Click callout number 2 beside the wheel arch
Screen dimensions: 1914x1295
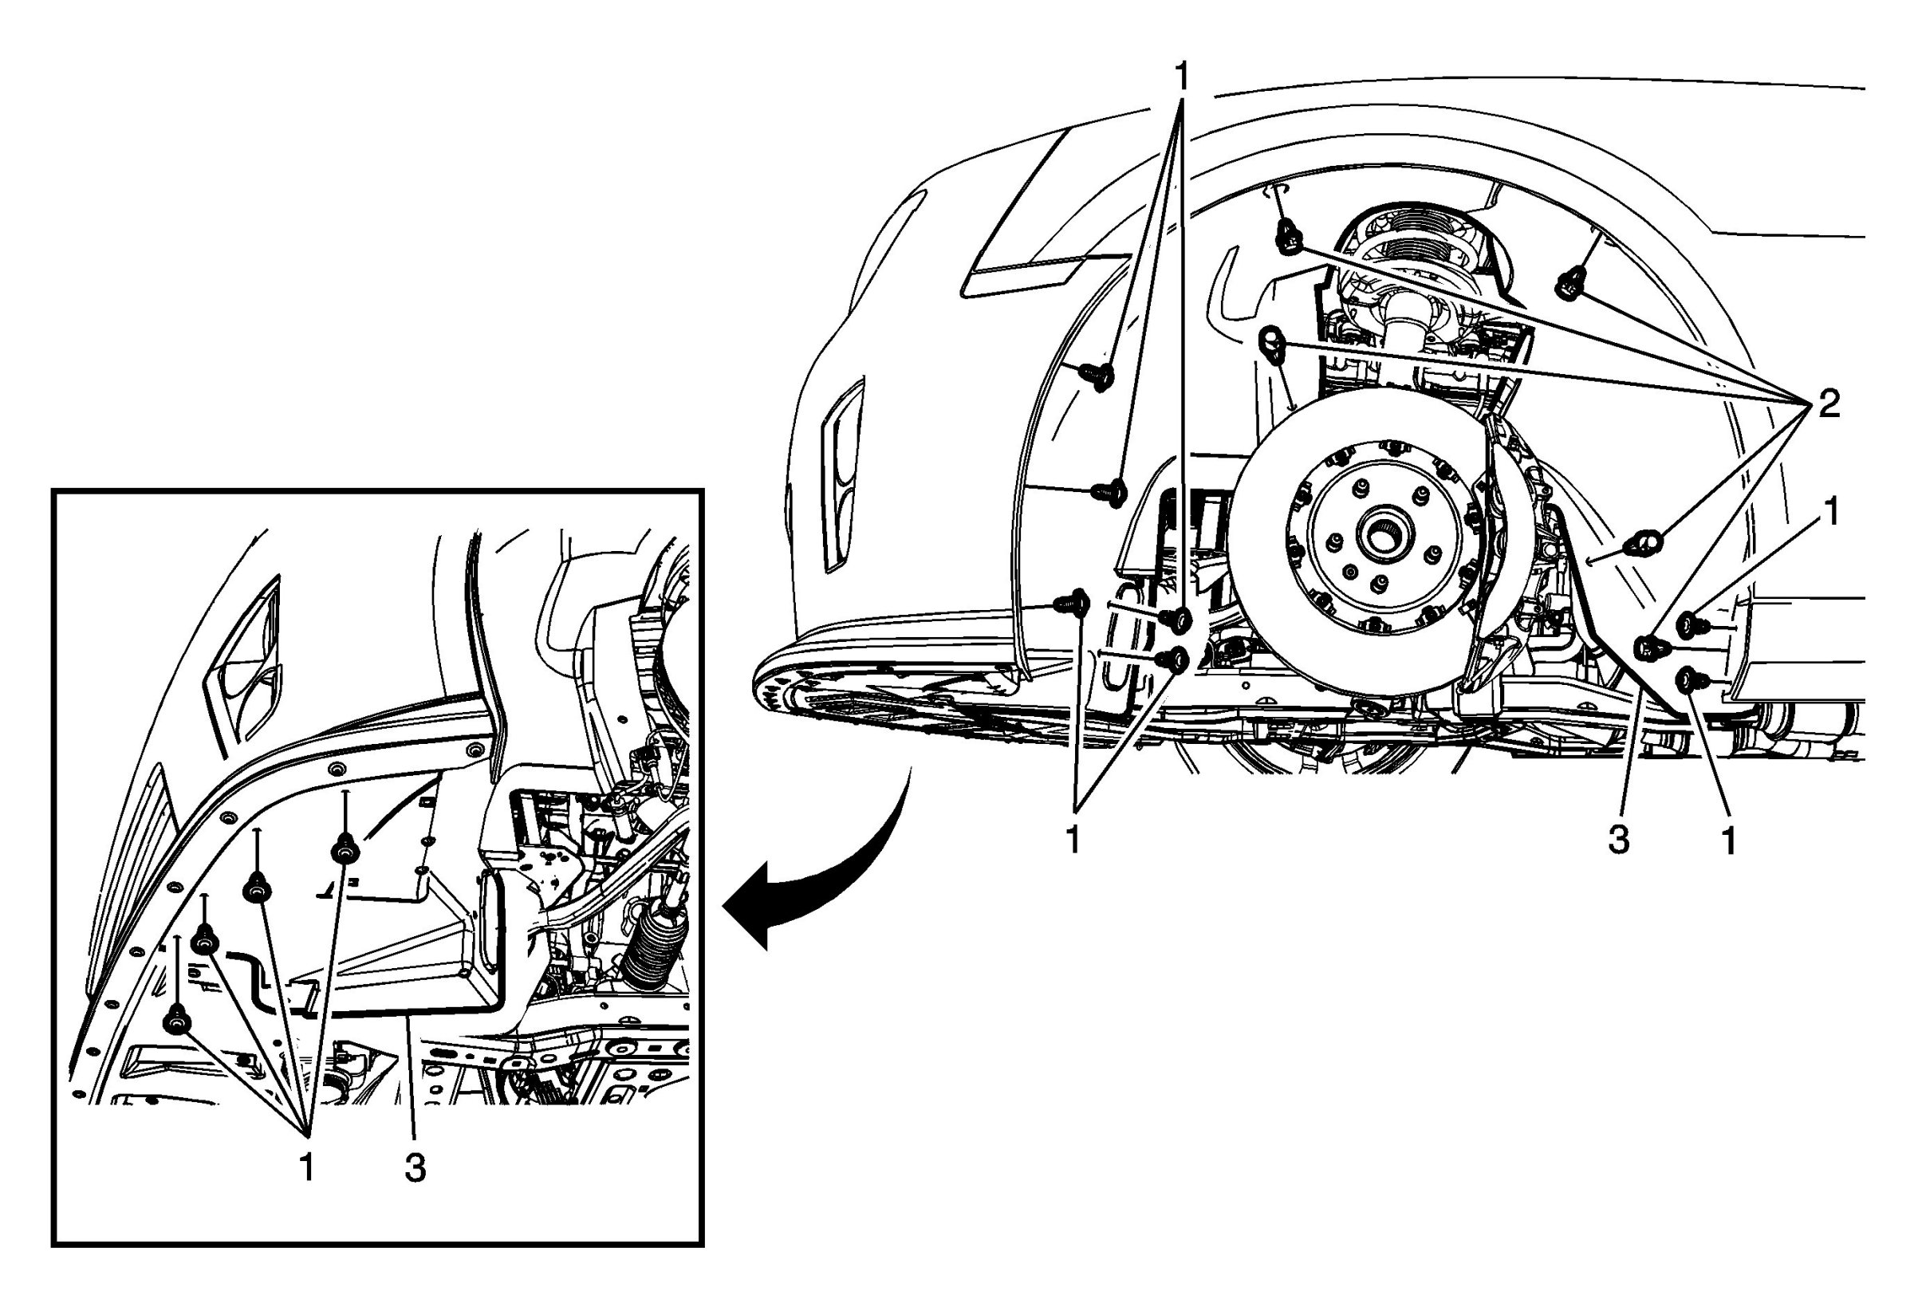point(1829,404)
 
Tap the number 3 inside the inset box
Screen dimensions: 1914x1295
point(415,1167)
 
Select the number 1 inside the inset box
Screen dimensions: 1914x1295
point(306,1167)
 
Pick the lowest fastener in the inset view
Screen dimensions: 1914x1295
point(176,1021)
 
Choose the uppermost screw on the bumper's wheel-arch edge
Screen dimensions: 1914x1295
point(1099,376)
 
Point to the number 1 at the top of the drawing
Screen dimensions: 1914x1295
point(1182,77)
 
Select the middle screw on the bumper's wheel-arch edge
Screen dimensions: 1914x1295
point(1111,492)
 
